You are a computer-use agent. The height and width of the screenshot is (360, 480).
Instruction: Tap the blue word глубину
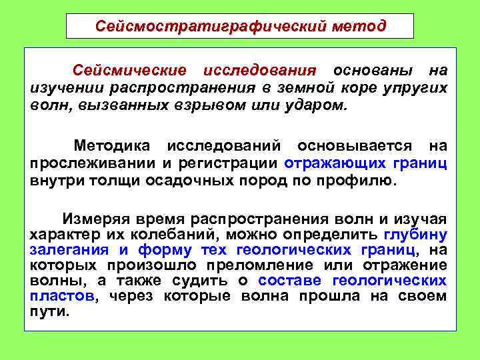click(416, 235)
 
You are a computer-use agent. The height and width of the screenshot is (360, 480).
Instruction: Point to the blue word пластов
click(63, 296)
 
